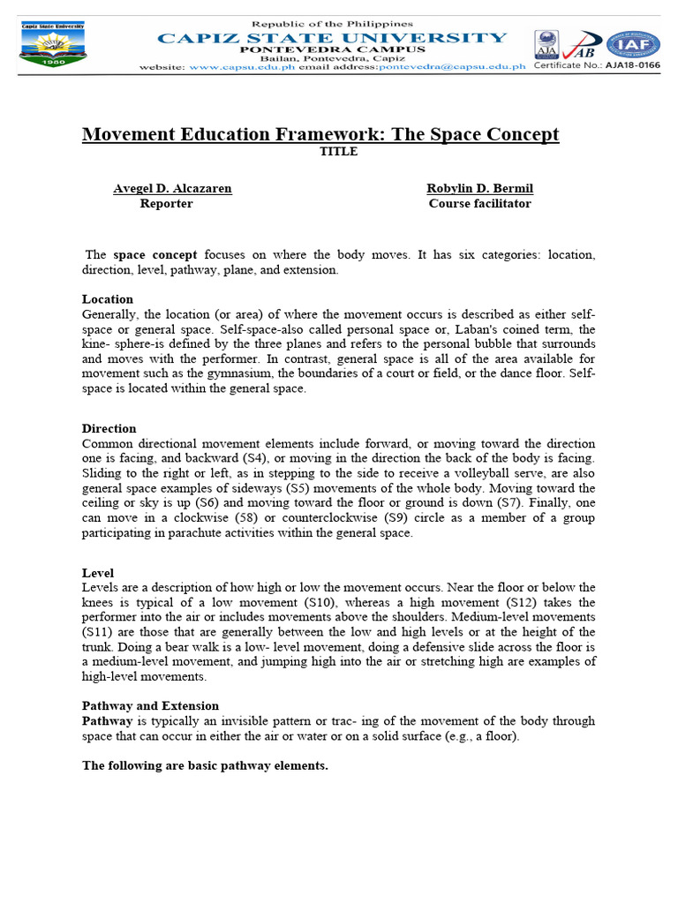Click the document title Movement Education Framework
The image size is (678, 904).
(320, 134)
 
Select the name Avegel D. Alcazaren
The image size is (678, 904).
(172, 188)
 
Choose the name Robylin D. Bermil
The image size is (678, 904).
(479, 188)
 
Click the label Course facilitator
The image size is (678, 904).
(479, 204)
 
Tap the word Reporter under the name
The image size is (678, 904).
(166, 204)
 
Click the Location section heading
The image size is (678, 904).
(108, 299)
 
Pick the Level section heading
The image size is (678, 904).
(98, 573)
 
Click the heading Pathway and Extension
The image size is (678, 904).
(150, 705)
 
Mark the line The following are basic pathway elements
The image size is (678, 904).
(205, 765)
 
